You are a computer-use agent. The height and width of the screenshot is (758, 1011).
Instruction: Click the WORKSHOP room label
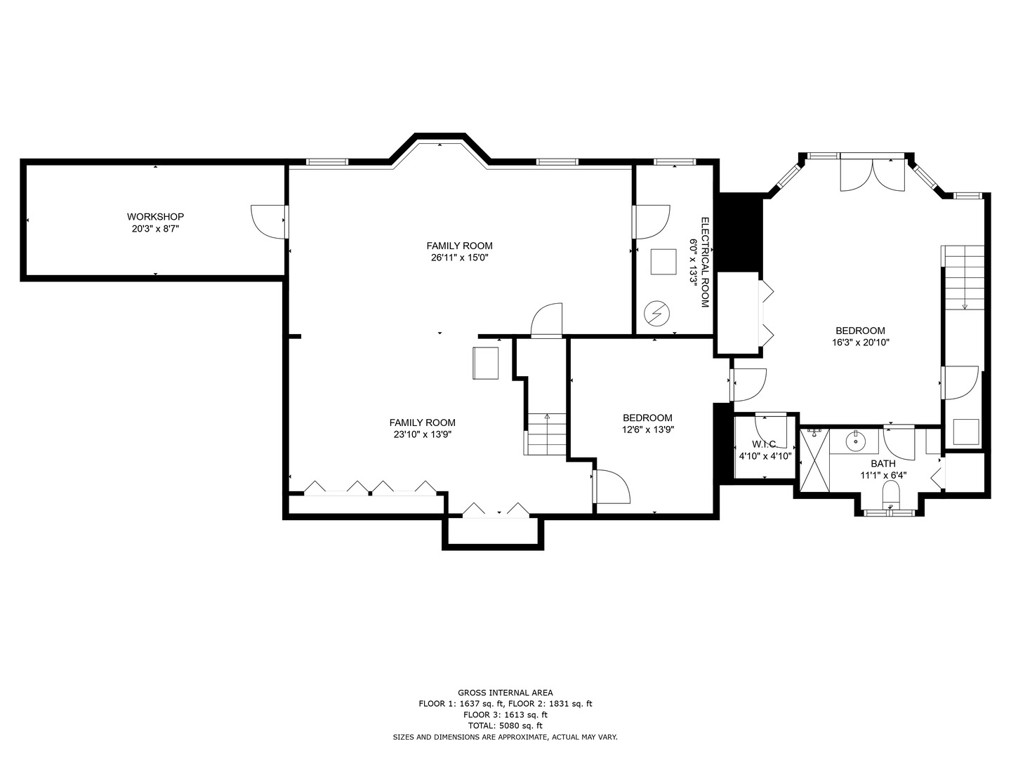155,216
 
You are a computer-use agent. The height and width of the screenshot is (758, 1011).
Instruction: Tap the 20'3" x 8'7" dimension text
155,229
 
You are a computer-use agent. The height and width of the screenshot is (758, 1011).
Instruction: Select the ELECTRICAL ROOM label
705,262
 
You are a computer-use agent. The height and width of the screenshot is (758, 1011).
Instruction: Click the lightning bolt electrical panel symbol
656,314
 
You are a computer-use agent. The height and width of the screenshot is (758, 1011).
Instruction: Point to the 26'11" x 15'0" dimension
459,258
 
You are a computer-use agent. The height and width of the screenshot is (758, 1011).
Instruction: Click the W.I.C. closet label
765,444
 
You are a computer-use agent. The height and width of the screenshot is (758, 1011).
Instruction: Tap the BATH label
883,463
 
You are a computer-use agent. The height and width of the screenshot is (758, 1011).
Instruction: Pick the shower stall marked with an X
815,460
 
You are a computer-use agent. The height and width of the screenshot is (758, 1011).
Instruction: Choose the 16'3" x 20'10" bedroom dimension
860,343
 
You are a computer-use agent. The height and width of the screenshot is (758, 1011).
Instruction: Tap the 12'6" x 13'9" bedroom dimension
647,430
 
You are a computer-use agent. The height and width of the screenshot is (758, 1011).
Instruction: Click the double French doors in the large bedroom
873,175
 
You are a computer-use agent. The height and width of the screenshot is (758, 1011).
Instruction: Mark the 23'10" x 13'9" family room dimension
423,434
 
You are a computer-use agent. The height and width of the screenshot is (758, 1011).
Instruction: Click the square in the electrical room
663,261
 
